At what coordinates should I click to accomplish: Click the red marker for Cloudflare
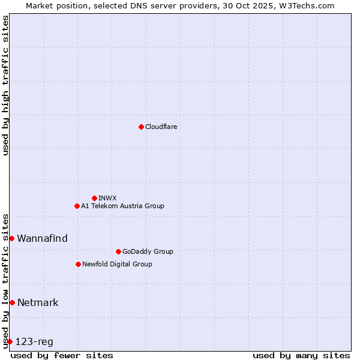tap(141, 127)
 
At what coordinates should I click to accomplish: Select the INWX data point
tap(94, 198)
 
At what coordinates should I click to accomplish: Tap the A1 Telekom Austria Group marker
tap(77, 206)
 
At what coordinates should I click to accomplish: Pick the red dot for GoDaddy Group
tap(118, 251)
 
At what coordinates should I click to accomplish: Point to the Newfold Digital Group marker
tap(78, 264)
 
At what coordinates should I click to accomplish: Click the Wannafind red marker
tap(11, 238)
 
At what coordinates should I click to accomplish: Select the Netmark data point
tap(12, 302)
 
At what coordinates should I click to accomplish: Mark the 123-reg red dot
tap(10, 341)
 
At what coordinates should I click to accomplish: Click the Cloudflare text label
tap(161, 127)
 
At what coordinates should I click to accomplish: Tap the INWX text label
tap(107, 198)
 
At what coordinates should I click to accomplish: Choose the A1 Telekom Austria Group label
tap(122, 206)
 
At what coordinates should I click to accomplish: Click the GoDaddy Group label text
tap(148, 251)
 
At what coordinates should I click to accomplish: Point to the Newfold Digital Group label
tap(117, 264)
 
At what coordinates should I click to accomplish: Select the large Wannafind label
tap(42, 238)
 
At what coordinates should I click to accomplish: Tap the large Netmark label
tap(38, 302)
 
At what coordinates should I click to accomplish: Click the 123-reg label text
tap(34, 341)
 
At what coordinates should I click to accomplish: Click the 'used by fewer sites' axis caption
tap(62, 355)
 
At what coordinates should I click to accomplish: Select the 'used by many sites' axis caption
tap(301, 355)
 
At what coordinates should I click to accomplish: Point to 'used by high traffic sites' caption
tap(5, 85)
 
